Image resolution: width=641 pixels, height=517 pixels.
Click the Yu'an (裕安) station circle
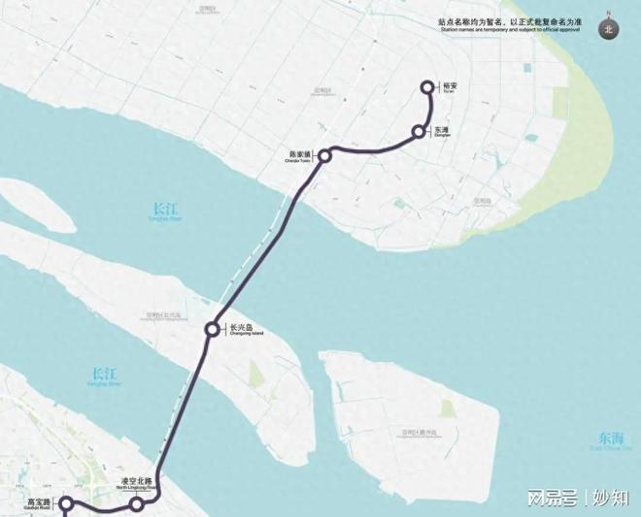point(427,87)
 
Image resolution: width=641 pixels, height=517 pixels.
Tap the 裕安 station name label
point(449,85)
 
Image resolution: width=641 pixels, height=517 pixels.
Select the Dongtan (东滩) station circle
point(419,131)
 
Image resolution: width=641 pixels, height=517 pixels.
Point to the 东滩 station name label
point(442,129)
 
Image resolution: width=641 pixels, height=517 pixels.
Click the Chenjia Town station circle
point(326,154)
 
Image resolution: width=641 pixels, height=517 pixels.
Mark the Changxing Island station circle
point(212,331)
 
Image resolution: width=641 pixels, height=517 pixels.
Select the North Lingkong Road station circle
point(137,504)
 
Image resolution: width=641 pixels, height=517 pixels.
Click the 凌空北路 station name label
point(136,481)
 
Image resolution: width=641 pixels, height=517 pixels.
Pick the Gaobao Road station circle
point(66,503)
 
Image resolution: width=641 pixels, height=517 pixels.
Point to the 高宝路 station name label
point(39,501)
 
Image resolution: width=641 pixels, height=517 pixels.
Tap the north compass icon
point(609,28)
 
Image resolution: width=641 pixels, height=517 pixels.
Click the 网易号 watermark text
point(554,498)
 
